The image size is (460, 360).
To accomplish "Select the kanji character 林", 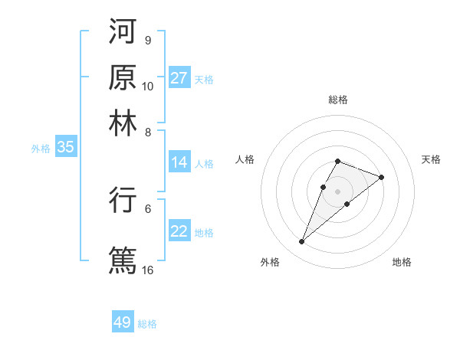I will (x=123, y=123).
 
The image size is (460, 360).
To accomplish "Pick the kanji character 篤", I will (x=123, y=259).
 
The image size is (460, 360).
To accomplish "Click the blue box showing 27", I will (x=179, y=78).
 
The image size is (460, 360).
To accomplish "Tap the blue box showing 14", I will (x=179, y=162).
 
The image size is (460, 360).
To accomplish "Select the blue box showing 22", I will (x=179, y=231).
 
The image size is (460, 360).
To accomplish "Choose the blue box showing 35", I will (x=65, y=148).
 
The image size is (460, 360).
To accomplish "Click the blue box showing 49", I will (x=123, y=322).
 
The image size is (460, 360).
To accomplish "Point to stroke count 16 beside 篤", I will (x=148, y=270).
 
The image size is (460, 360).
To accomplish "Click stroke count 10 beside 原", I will (x=148, y=86).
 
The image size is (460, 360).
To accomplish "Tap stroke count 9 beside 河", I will (x=147, y=40).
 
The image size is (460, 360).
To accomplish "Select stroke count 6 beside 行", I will (x=147, y=208).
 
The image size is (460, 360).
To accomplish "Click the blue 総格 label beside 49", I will (x=147, y=324).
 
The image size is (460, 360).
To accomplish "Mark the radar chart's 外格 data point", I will (x=302, y=242).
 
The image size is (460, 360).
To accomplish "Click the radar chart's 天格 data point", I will (x=381, y=177).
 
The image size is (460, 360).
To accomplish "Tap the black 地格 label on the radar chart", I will (x=402, y=262).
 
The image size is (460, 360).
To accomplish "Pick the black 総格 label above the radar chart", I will (x=338, y=100).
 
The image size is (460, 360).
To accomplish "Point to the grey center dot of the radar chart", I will (x=337, y=190).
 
